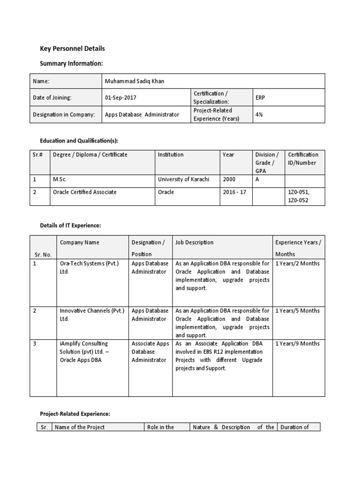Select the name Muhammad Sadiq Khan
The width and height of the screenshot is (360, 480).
pos(135,81)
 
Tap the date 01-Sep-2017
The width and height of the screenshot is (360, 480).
pos(121,97)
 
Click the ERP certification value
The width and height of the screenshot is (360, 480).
pos(260,97)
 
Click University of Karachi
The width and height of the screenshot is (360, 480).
pos(183,179)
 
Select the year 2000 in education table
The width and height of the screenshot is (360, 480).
pos(229,179)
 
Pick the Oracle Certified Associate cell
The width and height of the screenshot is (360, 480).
pos(85,192)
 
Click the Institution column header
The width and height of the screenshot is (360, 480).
pos(171,155)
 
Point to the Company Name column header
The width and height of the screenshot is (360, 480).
pos(80,242)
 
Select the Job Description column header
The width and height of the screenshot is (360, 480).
pos(195,242)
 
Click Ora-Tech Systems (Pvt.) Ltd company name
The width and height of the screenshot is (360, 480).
pos(90,267)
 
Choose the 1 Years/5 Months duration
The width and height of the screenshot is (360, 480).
pos(297,310)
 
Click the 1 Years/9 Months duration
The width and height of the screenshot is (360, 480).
pos(297,344)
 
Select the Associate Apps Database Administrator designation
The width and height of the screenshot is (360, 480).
pos(150,352)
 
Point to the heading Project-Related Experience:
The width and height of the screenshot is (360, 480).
pos(75,413)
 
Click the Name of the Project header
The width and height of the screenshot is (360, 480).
pos(80,427)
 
